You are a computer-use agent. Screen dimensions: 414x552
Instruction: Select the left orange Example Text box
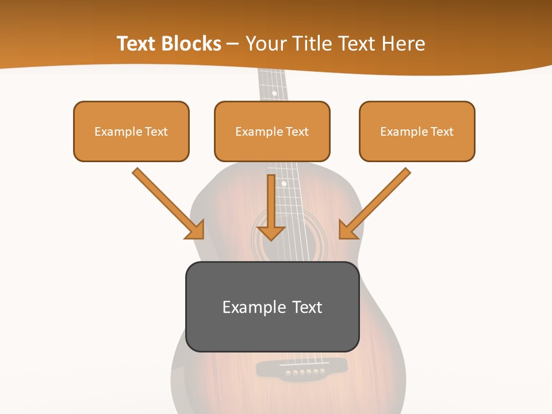coord(131,131)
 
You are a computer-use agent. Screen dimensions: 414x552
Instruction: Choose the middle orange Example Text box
coord(272,131)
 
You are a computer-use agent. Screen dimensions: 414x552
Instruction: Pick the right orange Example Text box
coord(417,131)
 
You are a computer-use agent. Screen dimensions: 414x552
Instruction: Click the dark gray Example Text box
coord(272,306)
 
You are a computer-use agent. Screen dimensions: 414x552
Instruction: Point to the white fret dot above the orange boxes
coord(274,93)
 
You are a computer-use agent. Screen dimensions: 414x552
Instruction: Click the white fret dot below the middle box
coord(283,184)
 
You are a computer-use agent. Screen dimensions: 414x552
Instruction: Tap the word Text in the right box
coord(442,131)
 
